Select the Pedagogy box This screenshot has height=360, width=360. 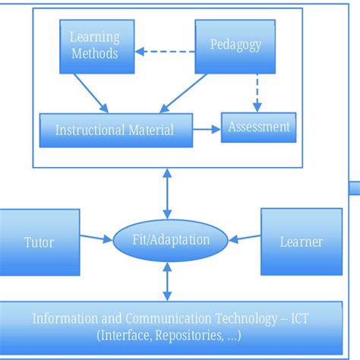[235, 44]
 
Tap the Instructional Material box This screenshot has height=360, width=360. [114, 130]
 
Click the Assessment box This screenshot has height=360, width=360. [257, 128]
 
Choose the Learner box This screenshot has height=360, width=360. [301, 242]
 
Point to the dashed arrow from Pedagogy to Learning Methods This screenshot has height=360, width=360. [165, 52]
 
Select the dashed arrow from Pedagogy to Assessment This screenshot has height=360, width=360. [258, 91]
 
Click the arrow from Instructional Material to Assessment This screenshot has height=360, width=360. [204, 129]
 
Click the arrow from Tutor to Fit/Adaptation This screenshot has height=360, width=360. [96, 239]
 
